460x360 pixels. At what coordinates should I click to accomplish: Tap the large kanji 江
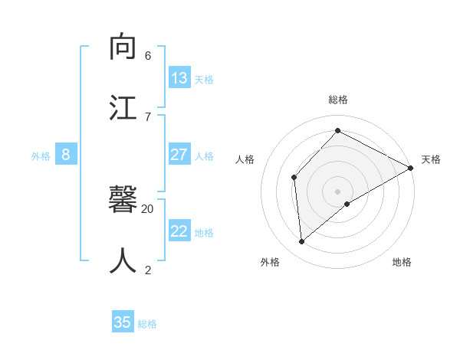123,107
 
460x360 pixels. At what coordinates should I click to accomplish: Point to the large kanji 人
123,260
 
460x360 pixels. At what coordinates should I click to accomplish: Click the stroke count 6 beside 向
148,56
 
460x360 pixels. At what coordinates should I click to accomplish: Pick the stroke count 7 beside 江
148,116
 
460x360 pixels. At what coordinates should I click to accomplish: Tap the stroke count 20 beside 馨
148,208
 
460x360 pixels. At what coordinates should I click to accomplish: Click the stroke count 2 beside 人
148,270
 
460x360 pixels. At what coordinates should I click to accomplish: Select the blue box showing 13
179,78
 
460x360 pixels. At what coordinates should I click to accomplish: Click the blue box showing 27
179,155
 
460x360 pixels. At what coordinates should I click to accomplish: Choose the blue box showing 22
179,231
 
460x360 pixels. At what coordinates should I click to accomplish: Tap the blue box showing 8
66,155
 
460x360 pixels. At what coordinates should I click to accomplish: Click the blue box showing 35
123,322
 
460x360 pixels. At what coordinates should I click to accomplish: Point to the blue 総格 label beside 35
147,324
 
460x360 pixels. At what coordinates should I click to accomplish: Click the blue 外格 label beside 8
41,156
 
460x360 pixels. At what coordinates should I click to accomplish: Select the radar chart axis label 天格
431,159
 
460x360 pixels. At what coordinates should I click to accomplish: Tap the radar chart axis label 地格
402,262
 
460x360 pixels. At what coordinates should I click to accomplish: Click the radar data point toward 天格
411,168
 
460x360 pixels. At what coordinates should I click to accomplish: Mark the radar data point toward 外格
302,242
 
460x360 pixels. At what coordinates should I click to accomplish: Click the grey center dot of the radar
338,191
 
